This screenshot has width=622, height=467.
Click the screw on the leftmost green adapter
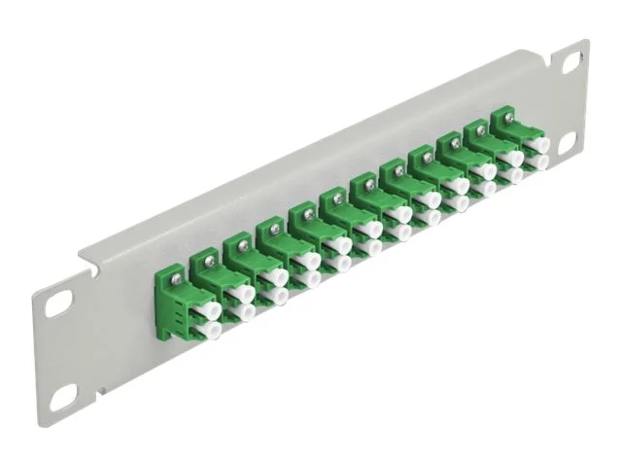(x=176, y=271)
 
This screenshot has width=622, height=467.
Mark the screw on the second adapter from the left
(x=207, y=257)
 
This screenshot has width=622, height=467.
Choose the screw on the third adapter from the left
(x=239, y=242)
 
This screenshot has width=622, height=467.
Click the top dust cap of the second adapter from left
(x=243, y=293)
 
